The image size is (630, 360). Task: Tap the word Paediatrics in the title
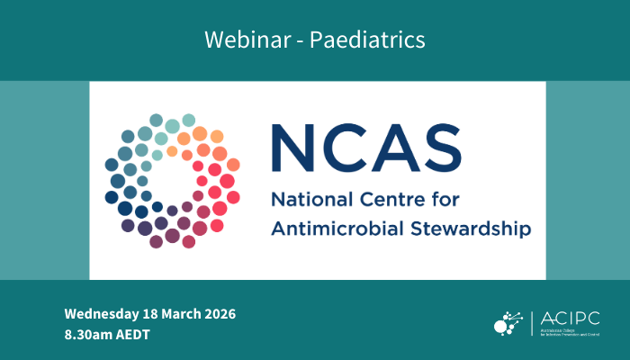[373, 40]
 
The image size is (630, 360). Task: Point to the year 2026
[217, 314]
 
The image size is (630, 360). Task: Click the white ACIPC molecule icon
[511, 321]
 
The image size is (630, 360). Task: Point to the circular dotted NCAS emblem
[172, 181]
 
